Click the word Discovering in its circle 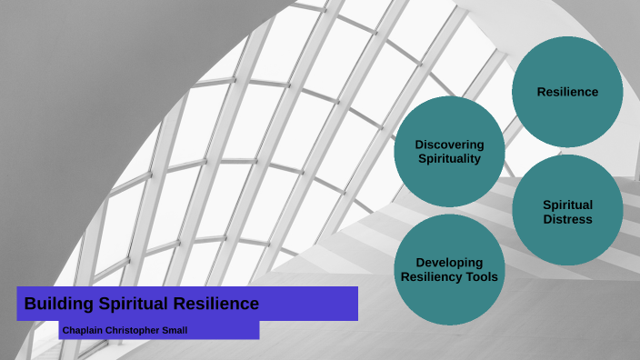click(449, 145)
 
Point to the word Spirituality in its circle click(449, 159)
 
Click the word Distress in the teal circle click(567, 219)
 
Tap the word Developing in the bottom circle click(449, 263)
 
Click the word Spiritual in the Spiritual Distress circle click(567, 205)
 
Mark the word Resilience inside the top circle click(567, 92)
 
